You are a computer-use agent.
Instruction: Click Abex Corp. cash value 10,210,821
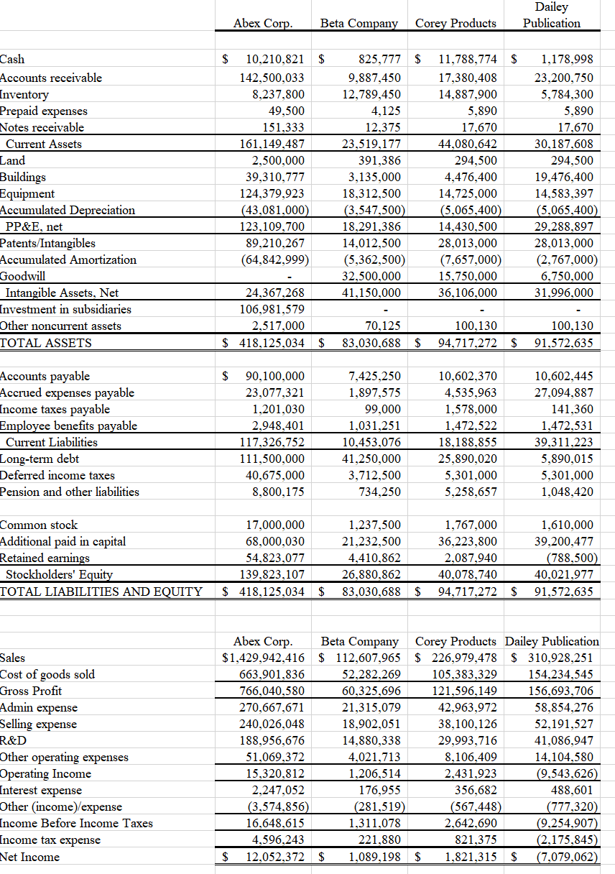[x=275, y=59]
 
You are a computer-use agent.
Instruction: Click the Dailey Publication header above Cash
[x=552, y=15]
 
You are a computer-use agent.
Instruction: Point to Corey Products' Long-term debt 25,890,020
[x=467, y=459]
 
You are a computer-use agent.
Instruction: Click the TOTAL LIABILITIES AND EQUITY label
[x=101, y=592]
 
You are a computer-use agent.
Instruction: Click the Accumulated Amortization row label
[x=68, y=259]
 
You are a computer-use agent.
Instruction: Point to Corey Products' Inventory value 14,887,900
[x=467, y=94]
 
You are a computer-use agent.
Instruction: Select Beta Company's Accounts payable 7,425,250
[x=374, y=376]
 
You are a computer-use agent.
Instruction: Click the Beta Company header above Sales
[x=359, y=641]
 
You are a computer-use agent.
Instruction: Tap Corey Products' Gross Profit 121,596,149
[x=465, y=691]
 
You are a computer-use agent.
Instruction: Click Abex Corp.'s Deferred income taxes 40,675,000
[x=274, y=475]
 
